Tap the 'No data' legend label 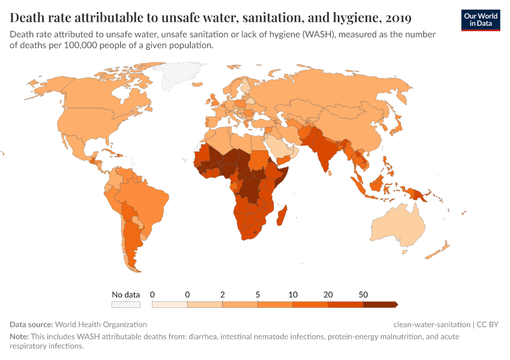[125, 295]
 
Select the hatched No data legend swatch [125, 304]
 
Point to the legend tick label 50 [363, 295]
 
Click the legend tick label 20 [328, 295]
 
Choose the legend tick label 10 [293, 295]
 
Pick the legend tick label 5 [257, 295]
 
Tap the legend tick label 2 [223, 295]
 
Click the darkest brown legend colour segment [379, 304]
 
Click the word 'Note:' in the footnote [19, 337]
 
